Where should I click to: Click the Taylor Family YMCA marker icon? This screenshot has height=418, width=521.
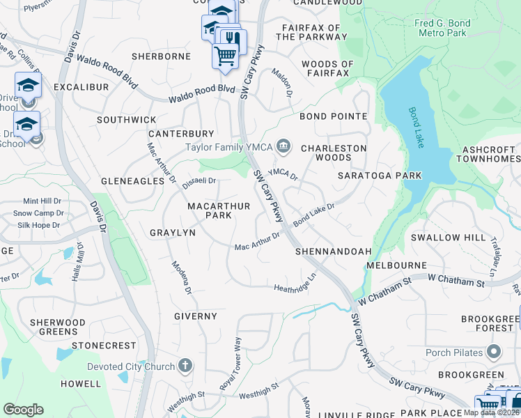(x=283, y=146)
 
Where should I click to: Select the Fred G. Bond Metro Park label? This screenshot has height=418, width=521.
(x=442, y=29)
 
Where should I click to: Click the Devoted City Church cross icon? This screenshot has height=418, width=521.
(x=185, y=366)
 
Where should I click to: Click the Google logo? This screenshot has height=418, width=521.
(x=23, y=409)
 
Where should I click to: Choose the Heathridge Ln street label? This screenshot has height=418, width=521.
(x=295, y=287)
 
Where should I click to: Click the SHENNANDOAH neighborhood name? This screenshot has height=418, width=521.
(x=332, y=251)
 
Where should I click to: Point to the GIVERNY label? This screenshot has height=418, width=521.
(x=196, y=316)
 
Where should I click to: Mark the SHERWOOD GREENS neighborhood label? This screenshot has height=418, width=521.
(x=58, y=327)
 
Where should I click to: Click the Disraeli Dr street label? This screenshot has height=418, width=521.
(x=199, y=183)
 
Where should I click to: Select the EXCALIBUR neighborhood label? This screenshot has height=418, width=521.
(x=82, y=87)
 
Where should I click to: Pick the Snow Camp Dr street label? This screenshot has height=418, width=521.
(x=38, y=213)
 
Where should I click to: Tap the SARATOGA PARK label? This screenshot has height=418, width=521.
(x=371, y=176)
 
